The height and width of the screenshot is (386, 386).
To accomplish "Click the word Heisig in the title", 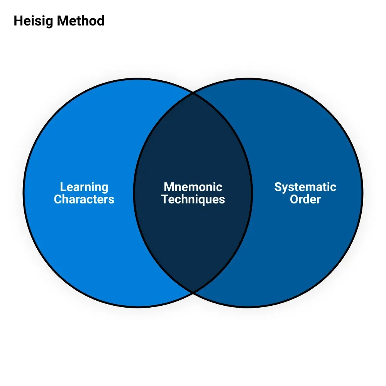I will coord(33,21).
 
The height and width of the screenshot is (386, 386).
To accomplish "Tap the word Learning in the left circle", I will coord(84,187).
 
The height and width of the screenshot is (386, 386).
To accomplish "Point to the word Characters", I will coord(84,199).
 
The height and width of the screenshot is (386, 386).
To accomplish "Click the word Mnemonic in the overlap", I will coord(193,187).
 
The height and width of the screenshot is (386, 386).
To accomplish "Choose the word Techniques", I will coord(193,199).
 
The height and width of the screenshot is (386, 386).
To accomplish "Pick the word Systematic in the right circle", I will coord(305,187).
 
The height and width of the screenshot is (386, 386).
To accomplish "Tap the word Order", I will coord(305,199).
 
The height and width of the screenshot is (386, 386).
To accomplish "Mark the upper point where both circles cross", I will coord(193,93).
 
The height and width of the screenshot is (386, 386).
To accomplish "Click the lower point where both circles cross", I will coord(193,292).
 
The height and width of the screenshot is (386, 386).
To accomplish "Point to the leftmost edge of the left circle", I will coord(24,193).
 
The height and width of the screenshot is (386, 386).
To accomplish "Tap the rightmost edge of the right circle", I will coord(362,193).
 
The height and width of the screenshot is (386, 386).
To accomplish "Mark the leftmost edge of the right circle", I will coord(134,193).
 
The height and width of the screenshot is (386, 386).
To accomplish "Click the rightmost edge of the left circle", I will coord(252,193).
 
